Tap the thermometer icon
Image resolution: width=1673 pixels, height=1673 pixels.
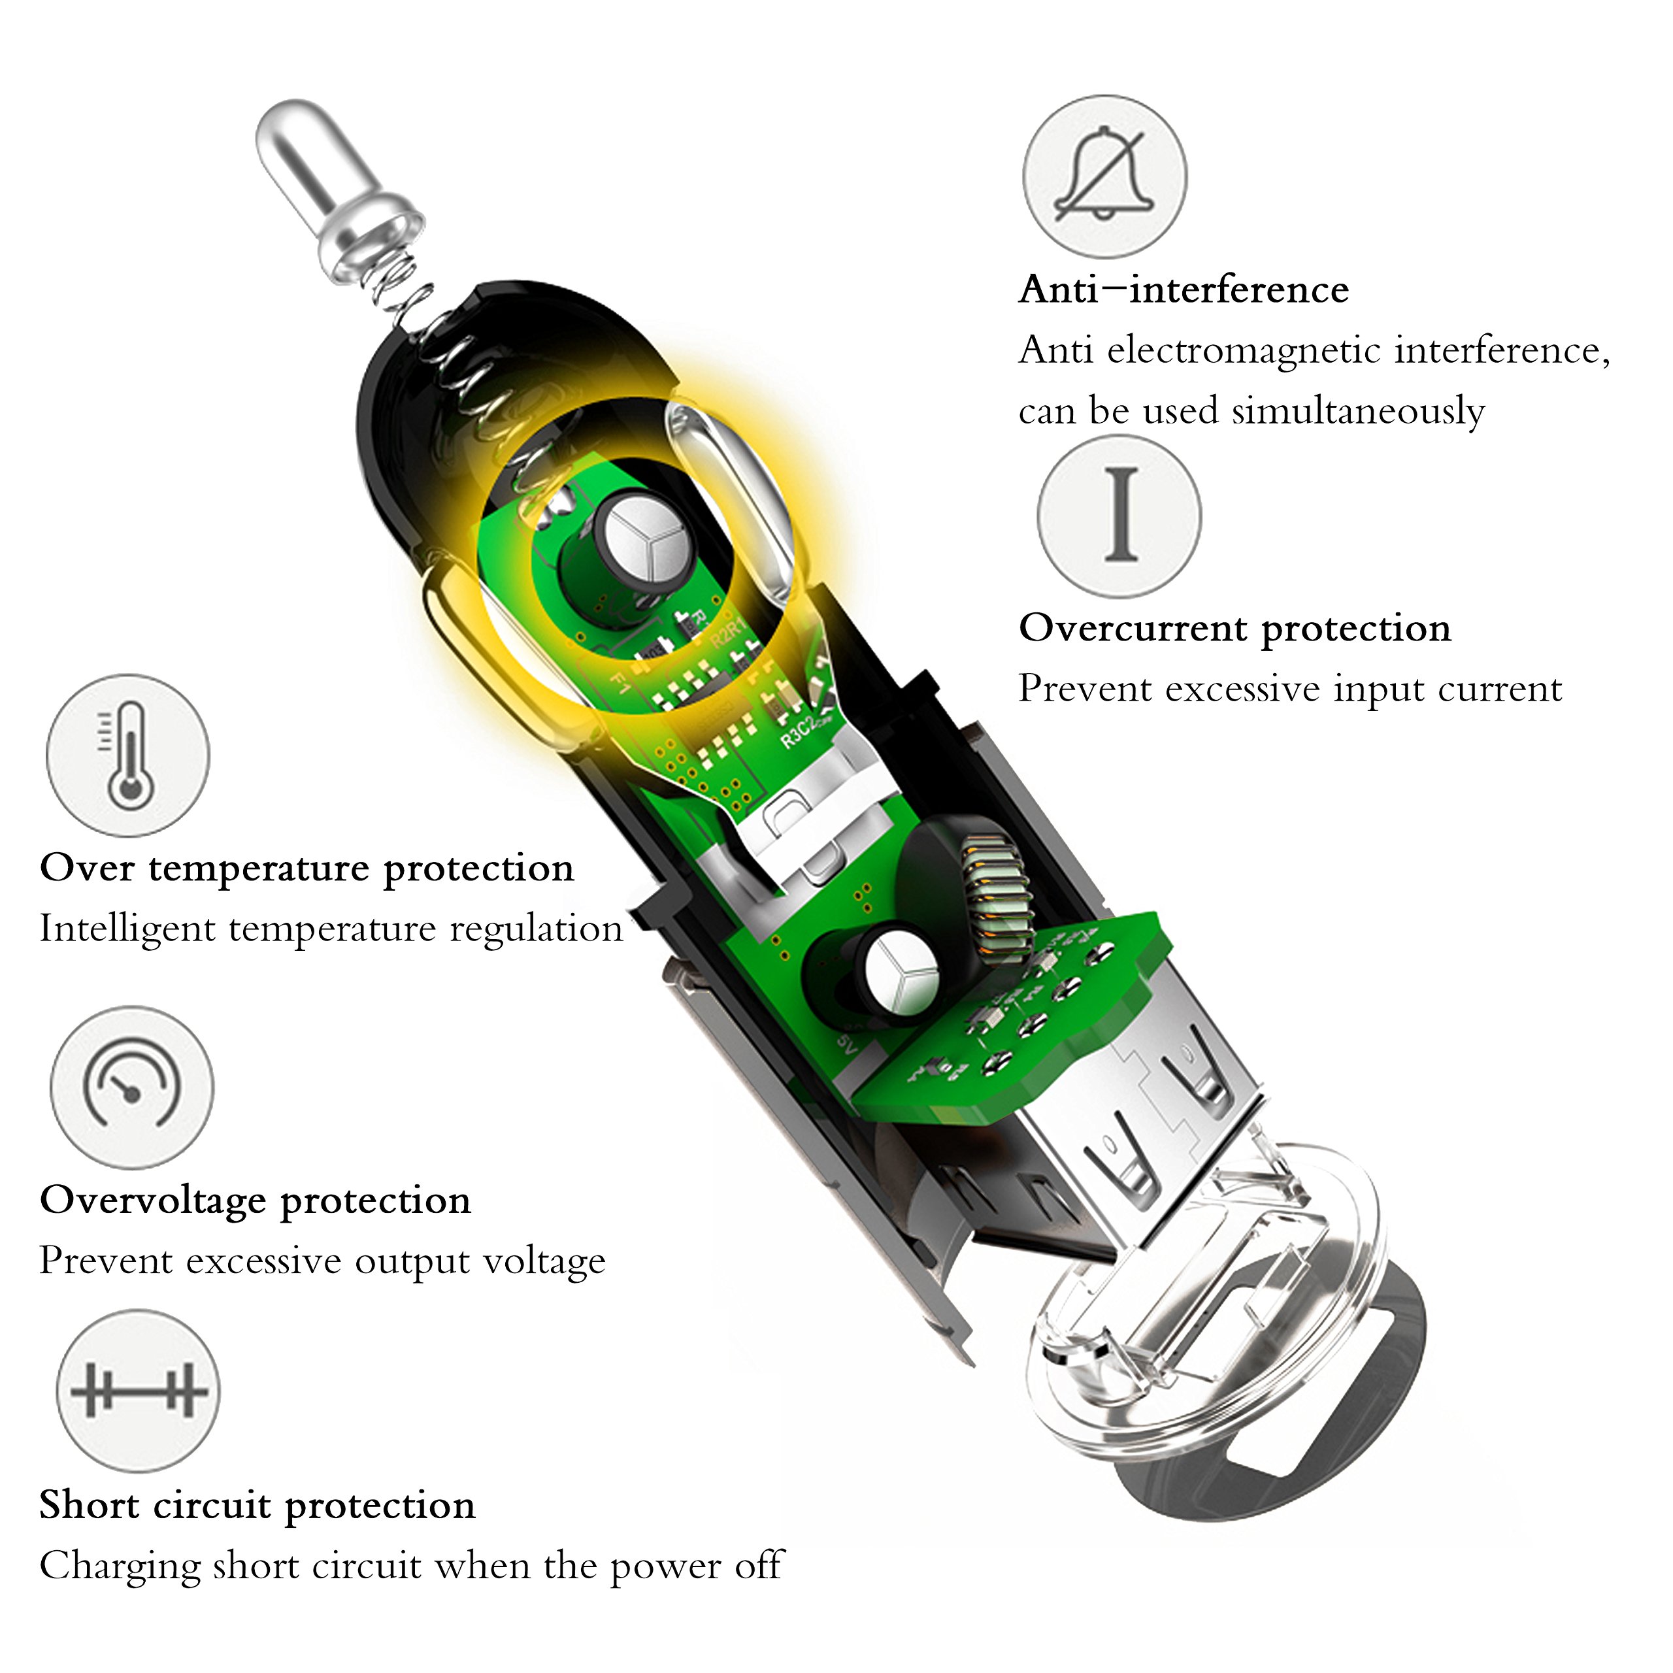pyautogui.click(x=128, y=755)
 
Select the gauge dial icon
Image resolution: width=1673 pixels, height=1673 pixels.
pyautogui.click(x=131, y=1087)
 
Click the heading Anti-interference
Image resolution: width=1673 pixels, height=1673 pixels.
pyautogui.click(x=1183, y=290)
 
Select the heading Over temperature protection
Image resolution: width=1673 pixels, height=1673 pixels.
pyautogui.click(x=307, y=869)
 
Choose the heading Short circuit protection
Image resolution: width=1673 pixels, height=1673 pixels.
pyautogui.click(x=257, y=1506)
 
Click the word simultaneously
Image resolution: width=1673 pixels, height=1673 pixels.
pyautogui.click(x=1358, y=411)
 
